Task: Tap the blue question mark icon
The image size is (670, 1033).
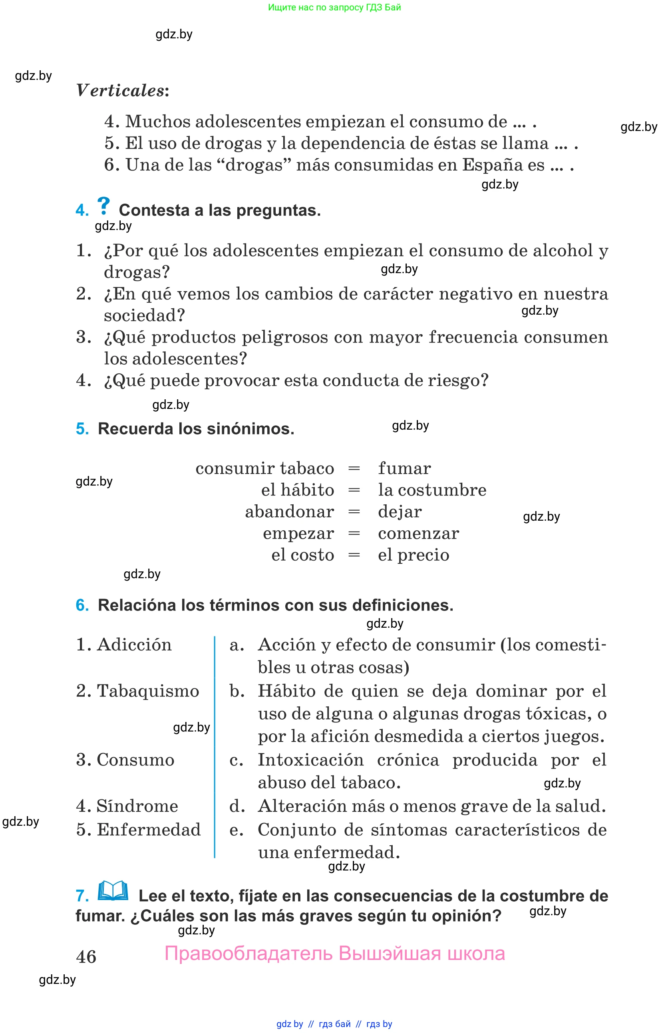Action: tap(103, 205)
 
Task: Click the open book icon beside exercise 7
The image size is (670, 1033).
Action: tap(113, 891)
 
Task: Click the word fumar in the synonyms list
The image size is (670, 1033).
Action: tap(404, 468)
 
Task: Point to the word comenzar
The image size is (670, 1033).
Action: tap(418, 533)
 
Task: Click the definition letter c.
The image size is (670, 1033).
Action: tap(236, 760)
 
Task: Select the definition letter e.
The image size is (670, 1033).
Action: tap(236, 830)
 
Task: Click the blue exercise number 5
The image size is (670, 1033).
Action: tap(82, 429)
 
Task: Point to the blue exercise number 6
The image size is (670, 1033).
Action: tap(82, 605)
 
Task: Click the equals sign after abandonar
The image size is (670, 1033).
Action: tap(354, 512)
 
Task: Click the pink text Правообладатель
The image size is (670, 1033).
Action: tap(249, 954)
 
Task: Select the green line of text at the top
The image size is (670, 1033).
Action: tap(334, 7)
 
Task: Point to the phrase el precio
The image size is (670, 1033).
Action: tap(414, 555)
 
